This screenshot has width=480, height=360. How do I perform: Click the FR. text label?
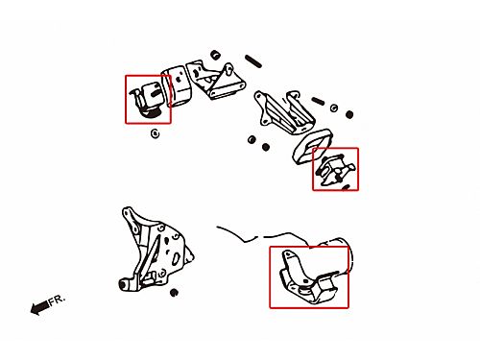pos(58,300)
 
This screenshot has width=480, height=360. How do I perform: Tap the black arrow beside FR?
pos(40,308)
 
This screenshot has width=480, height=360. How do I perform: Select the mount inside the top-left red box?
pos(147,99)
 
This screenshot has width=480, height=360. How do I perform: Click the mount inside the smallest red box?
pos(335,171)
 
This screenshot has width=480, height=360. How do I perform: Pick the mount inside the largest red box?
pos(308,278)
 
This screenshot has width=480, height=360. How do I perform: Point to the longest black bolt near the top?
pos(253,61)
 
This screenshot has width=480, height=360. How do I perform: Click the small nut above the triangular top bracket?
pos(216,55)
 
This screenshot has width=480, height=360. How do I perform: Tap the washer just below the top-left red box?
pos(155,133)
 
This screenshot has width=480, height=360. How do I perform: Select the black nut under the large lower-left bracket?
pos(174,293)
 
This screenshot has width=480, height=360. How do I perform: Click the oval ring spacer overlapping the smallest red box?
pos(312,146)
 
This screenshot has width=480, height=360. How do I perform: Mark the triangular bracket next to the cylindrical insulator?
pos(215,79)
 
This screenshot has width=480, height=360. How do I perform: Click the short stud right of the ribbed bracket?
pos(318,101)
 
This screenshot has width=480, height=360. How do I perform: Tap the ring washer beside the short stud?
pos(334,108)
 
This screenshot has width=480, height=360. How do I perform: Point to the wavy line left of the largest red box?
pos(261,236)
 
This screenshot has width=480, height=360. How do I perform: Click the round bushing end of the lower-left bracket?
pos(123,284)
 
